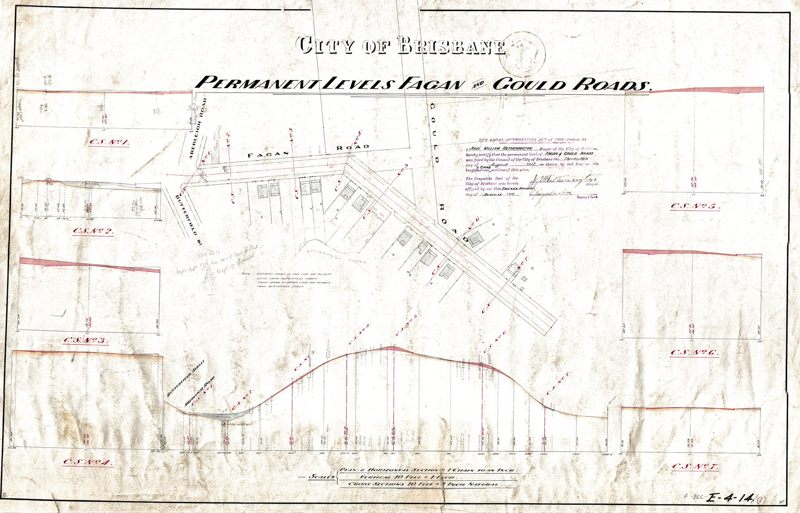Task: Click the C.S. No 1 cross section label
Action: tap(109, 143)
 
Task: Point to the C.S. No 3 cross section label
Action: tap(86, 340)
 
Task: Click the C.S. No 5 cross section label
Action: tap(695, 206)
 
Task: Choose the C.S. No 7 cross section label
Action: tap(695, 467)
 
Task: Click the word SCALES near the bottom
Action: tap(322, 477)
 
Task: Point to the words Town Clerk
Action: tap(587, 197)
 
